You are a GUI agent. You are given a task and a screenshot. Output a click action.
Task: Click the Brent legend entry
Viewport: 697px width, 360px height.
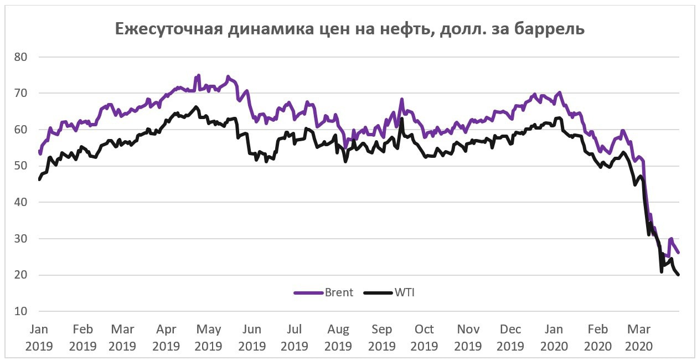(323, 292)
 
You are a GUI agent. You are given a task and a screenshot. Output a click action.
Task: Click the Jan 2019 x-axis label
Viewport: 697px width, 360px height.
(38, 337)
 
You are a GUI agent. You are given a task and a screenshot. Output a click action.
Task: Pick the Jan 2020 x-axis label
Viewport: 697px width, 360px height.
(554, 337)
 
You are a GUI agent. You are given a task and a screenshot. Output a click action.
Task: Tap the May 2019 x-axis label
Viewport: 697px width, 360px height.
(209, 337)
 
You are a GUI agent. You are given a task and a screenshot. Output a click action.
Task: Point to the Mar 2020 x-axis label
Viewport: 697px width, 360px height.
(638, 337)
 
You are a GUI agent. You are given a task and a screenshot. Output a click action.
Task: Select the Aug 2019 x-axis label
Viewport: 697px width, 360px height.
(338, 337)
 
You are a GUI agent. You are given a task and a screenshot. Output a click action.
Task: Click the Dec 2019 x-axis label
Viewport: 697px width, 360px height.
(510, 337)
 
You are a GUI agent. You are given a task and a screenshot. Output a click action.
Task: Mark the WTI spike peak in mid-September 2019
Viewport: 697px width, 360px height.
(402, 119)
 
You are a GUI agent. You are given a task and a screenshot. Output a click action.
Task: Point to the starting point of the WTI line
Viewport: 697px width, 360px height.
(39, 179)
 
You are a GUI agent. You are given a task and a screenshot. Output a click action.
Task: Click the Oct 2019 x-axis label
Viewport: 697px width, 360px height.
(424, 337)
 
